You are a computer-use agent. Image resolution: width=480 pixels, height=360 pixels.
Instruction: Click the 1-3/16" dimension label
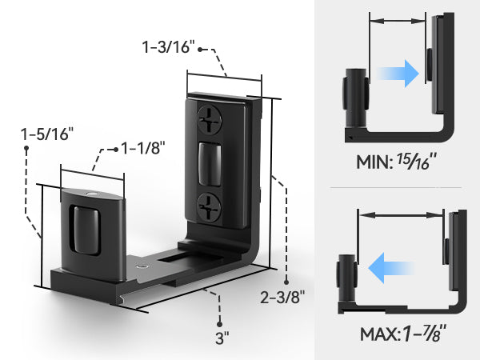pyautogui.click(x=168, y=47)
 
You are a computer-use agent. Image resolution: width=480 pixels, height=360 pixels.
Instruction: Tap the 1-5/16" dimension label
pyautogui.click(x=47, y=134)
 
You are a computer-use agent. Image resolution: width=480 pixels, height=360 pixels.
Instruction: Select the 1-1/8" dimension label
pyautogui.click(x=143, y=148)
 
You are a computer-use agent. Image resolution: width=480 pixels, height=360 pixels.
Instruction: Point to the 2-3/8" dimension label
pyautogui.click(x=282, y=297)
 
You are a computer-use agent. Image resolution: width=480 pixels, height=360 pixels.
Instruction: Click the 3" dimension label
pyautogui.click(x=222, y=338)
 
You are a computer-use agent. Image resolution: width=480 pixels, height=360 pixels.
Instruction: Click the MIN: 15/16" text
pyautogui.click(x=397, y=161)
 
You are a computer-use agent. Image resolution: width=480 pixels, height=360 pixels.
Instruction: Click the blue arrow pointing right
pyautogui.click(x=398, y=74)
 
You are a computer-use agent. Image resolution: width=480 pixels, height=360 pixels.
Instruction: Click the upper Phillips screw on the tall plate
pyautogui.click(x=210, y=119)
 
